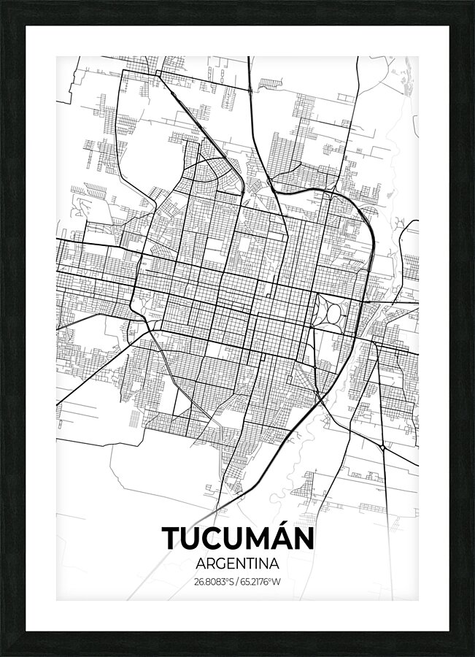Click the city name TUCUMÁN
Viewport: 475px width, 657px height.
click(x=238, y=538)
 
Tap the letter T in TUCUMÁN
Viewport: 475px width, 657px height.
click(x=172, y=539)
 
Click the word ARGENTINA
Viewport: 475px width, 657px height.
click(x=238, y=564)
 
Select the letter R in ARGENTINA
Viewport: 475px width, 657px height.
click(x=209, y=564)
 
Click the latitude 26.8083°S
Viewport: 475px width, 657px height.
click(x=213, y=582)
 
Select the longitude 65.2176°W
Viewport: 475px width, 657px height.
click(x=262, y=582)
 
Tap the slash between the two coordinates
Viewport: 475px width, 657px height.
click(x=238, y=582)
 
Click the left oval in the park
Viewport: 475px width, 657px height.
click(x=323, y=312)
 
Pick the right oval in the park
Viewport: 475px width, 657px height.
click(x=337, y=312)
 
